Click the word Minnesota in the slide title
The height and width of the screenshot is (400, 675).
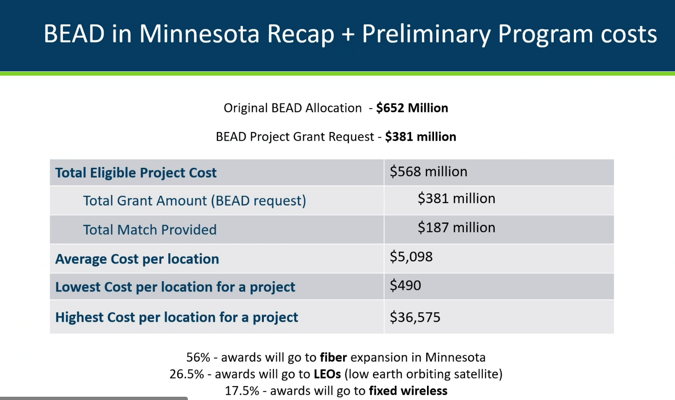(x=199, y=34)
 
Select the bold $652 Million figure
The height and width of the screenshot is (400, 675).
(x=412, y=108)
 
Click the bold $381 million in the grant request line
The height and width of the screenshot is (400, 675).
(x=420, y=137)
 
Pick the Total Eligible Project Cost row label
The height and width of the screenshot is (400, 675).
(x=136, y=172)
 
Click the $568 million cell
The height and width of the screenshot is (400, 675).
(x=428, y=172)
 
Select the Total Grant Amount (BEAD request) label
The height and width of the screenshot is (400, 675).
(x=195, y=201)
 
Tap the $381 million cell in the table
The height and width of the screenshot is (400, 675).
(x=456, y=198)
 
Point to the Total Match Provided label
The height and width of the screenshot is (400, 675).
(x=150, y=230)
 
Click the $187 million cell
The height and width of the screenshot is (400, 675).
(x=456, y=228)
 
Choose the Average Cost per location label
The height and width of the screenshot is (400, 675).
(x=137, y=259)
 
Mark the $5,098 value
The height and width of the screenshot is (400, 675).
(x=411, y=257)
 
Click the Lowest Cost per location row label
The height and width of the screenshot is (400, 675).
(x=175, y=287)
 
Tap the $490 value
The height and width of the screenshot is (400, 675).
(x=405, y=285)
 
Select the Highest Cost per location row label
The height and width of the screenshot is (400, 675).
(x=177, y=317)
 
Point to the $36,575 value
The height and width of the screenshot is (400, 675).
(x=415, y=317)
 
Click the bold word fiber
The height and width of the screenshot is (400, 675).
(x=333, y=357)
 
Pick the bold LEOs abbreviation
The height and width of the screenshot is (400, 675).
(x=327, y=374)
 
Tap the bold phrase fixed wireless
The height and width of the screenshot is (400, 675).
(x=408, y=391)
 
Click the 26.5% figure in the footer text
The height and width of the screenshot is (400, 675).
(x=187, y=374)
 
